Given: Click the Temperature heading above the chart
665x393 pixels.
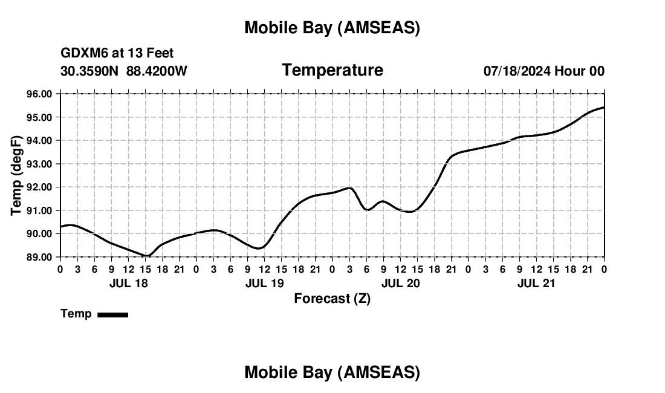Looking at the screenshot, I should [332, 70].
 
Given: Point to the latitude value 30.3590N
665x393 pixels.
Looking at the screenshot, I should [91, 71].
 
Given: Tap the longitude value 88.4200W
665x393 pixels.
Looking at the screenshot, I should [157, 71].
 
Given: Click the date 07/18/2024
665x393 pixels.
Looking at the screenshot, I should [516, 71].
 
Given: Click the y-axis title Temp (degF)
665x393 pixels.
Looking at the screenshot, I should [17, 175].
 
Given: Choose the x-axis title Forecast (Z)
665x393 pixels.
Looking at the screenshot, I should [332, 298].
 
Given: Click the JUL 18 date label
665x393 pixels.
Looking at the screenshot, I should [128, 283].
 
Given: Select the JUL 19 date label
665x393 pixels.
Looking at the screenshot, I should [264, 283].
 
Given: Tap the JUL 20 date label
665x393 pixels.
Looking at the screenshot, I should [400, 283].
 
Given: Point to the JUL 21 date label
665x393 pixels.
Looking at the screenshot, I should [536, 283].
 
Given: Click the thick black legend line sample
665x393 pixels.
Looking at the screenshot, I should [113, 314].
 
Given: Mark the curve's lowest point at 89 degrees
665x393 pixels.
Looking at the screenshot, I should [147, 256].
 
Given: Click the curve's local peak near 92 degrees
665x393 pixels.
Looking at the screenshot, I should [350, 188].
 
